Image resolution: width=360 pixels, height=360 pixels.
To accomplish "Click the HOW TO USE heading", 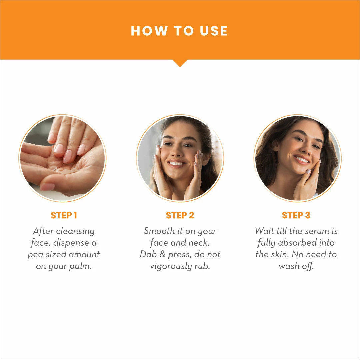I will click(179, 31).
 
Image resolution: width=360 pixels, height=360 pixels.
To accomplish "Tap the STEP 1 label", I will click(64, 215).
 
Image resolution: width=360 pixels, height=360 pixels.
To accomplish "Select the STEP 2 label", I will click(180, 215).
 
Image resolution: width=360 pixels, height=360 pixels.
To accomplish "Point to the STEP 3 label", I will click(296, 215).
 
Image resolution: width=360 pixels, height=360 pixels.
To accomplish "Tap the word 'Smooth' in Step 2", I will click(159, 231).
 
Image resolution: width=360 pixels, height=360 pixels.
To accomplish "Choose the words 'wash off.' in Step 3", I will click(296, 266).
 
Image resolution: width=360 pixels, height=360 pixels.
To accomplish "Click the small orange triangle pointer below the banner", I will click(180, 63).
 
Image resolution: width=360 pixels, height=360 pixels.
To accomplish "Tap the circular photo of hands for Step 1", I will click(62, 158).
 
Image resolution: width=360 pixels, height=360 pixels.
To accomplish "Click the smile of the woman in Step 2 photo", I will click(176, 163).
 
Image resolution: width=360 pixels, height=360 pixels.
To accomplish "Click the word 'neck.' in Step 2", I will click(198, 243).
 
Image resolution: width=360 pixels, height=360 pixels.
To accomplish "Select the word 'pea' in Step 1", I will click(34, 255).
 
